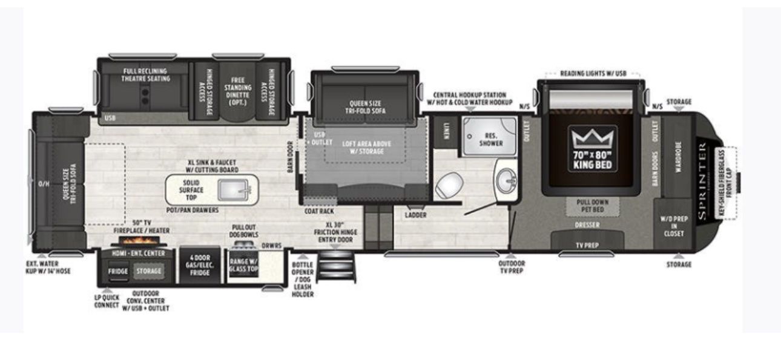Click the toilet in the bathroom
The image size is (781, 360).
(449, 184)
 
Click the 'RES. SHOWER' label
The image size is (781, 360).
(491, 140)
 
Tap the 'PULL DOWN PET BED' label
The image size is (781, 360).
(592, 206)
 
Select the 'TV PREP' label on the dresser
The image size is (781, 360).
(587, 245)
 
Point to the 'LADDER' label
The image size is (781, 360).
(416, 215)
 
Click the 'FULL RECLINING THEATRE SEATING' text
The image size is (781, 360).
(145, 75)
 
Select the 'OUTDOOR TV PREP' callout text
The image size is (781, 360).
(512, 267)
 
